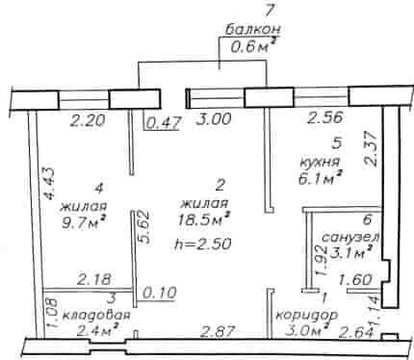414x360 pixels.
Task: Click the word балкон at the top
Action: tap(253, 30)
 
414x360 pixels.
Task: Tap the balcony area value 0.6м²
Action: tap(254, 47)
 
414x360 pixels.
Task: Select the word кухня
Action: tap(319, 161)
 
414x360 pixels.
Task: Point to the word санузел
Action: tap(350, 238)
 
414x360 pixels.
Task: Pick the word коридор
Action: tap(307, 316)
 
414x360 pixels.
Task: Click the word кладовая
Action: tap(96, 315)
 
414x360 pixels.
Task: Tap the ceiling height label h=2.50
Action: tap(203, 244)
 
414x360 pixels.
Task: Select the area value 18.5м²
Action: tap(204, 220)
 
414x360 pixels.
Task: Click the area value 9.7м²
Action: tap(84, 222)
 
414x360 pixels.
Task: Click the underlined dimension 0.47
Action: tap(163, 123)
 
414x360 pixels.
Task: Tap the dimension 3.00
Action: tap(213, 119)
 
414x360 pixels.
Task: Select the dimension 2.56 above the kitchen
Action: tap(325, 117)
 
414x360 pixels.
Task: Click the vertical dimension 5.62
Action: tap(143, 227)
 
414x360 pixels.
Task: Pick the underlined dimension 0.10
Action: tap(161, 293)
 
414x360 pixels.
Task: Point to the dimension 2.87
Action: tap(218, 332)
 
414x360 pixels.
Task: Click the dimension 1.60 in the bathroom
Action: tap(356, 279)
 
